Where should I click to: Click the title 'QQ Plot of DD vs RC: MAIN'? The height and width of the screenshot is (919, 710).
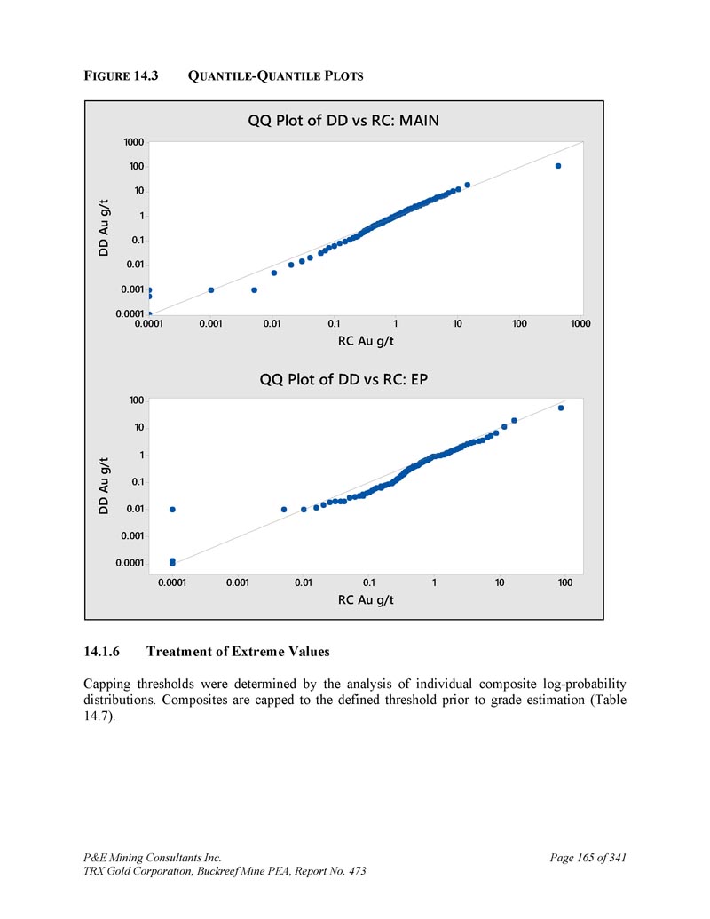[x=343, y=121]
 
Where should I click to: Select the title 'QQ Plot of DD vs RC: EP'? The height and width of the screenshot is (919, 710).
[x=343, y=380]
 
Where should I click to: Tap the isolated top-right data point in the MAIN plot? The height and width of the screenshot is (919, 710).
[x=558, y=166]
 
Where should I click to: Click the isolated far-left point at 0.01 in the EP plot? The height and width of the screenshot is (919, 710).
[x=172, y=509]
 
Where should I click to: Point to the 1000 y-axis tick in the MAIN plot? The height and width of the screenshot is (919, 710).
[x=133, y=142]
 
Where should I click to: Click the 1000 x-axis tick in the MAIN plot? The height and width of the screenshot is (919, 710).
[x=580, y=324]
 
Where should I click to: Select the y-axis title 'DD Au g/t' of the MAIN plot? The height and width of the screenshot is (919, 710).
[x=104, y=227]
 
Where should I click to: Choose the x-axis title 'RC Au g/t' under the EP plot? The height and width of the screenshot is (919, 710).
[x=367, y=600]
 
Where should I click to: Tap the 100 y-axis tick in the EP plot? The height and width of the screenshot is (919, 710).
[x=136, y=400]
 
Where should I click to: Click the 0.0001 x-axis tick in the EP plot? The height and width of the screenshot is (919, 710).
[x=172, y=582]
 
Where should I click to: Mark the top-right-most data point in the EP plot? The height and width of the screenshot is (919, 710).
[x=561, y=408]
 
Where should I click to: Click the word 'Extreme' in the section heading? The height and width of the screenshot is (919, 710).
[x=255, y=652]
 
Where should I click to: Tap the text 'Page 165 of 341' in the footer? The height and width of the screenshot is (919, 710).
[x=588, y=858]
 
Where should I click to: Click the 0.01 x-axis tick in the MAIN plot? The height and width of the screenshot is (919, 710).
[x=272, y=324]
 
